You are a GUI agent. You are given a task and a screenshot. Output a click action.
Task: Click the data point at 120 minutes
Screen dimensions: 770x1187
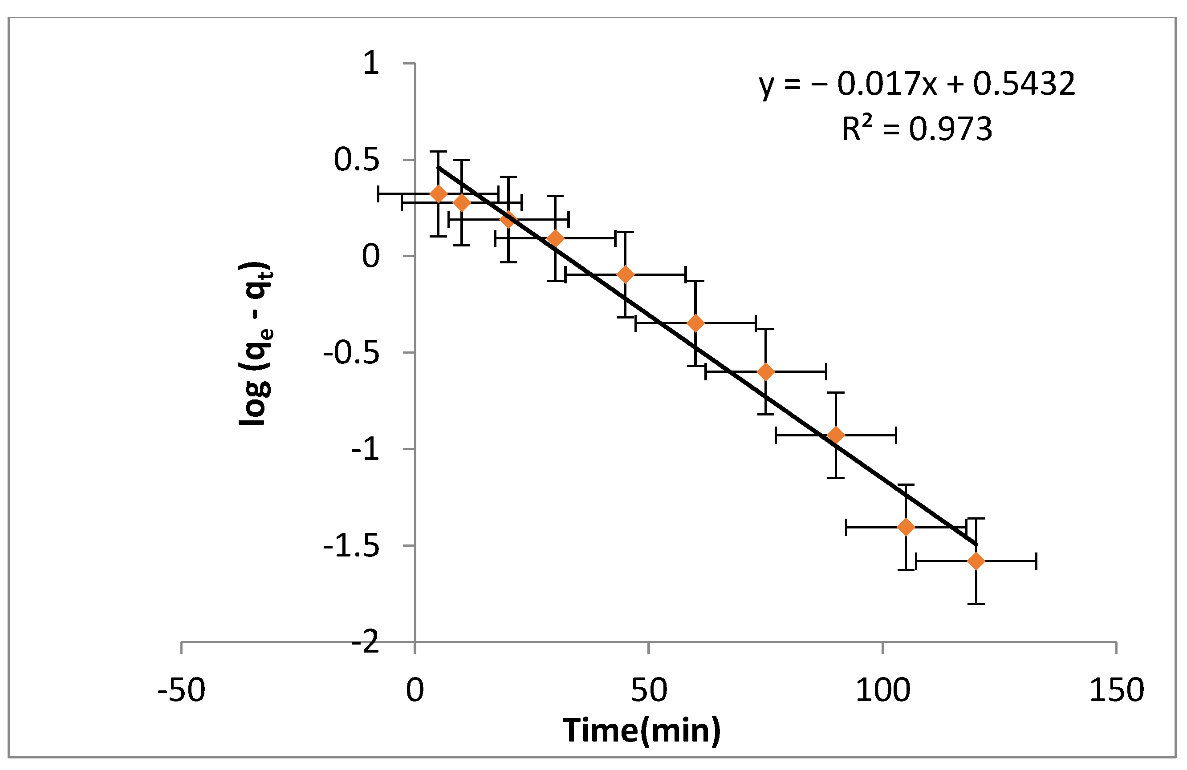point(976,561)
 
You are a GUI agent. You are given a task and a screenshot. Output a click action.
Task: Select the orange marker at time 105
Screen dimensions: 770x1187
point(906,527)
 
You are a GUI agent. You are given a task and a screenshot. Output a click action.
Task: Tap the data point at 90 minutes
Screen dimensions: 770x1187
point(836,435)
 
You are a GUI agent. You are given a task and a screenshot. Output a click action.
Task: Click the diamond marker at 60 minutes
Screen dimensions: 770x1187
point(696,323)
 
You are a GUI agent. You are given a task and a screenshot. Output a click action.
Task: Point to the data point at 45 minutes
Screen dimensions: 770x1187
point(626,274)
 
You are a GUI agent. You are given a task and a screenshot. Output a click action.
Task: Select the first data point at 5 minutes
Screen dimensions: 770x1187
point(439,194)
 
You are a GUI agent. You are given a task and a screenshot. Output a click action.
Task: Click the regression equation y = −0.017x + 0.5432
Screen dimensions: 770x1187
point(917,84)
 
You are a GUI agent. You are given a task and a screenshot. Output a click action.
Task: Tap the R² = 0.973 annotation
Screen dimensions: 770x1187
point(917,129)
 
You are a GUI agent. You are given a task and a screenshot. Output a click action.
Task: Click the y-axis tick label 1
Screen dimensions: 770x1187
point(372,64)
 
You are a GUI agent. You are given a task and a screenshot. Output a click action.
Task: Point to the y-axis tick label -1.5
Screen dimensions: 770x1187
point(351,547)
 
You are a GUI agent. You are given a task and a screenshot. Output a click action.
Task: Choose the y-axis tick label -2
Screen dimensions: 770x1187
point(365,643)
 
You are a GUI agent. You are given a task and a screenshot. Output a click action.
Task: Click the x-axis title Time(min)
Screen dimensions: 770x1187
point(642,730)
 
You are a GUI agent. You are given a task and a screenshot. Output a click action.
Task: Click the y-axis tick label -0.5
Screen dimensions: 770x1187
point(351,353)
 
